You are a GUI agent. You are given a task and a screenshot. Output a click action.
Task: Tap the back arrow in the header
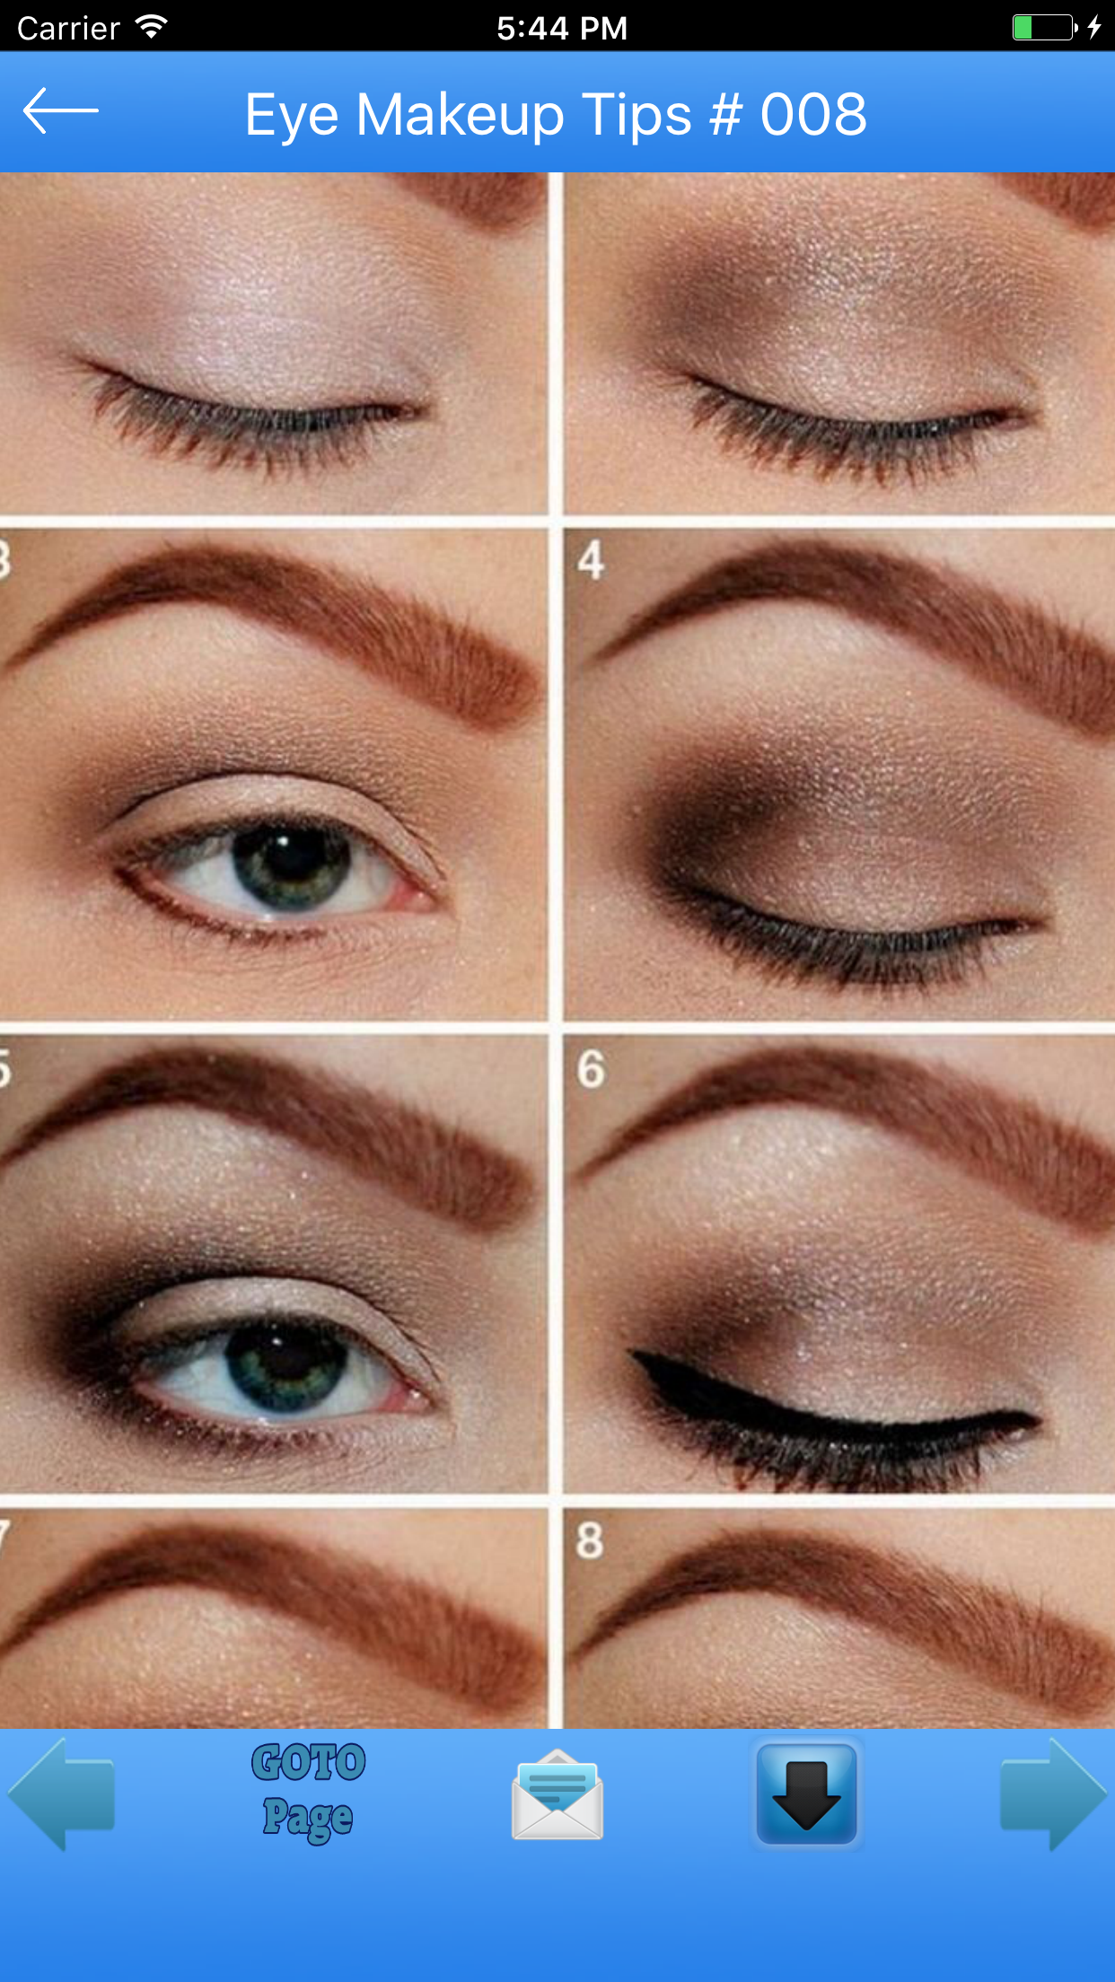click(x=60, y=110)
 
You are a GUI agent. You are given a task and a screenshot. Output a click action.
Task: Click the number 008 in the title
click(x=813, y=115)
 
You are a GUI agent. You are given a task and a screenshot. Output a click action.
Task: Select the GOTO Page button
click(x=308, y=1792)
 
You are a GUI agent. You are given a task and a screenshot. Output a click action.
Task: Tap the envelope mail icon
click(x=557, y=1794)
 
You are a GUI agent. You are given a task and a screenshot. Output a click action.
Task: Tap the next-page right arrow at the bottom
click(x=1053, y=1793)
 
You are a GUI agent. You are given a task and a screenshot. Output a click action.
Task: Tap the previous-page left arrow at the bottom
click(x=61, y=1793)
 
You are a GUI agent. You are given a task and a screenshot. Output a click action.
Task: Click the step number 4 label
click(x=591, y=560)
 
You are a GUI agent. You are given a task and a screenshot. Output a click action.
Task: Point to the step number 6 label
click(x=591, y=1068)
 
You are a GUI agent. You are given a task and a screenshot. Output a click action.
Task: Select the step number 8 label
click(x=590, y=1539)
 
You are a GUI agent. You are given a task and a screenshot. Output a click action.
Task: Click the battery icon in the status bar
click(x=1044, y=27)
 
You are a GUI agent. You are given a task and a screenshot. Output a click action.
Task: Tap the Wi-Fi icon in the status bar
click(x=152, y=27)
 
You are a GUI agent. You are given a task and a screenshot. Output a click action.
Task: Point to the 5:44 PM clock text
click(x=562, y=28)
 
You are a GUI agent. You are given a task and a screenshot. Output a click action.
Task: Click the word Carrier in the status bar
click(x=68, y=29)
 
